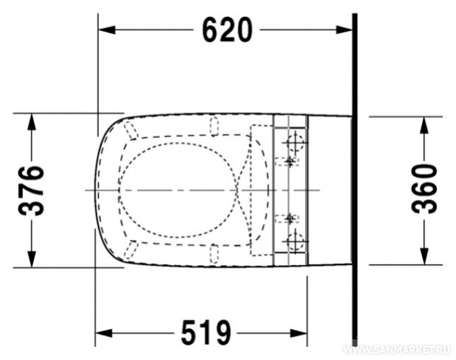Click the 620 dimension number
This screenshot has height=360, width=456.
(x=227, y=29)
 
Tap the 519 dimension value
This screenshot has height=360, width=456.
(x=206, y=333)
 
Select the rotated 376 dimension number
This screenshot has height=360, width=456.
(x=31, y=191)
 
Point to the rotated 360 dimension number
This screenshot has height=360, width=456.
(x=424, y=188)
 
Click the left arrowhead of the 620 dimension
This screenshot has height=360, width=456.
(x=107, y=29)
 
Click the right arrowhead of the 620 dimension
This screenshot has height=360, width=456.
(x=344, y=29)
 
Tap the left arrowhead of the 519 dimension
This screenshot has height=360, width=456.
(x=104, y=333)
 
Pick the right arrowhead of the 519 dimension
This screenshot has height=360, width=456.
(x=298, y=333)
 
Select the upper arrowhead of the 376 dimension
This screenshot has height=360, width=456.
(x=32, y=121)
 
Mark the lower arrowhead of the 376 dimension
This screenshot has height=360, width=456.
(x=32, y=259)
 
